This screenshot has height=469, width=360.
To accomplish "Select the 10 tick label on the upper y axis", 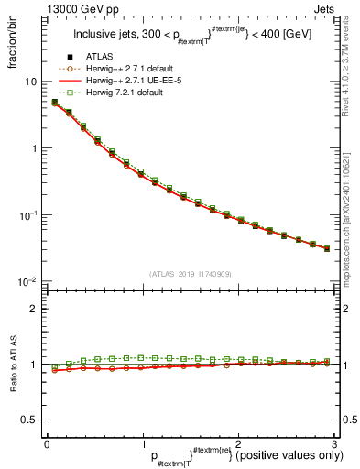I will click(29, 82).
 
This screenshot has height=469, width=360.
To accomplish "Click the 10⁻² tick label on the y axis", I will click(27, 281).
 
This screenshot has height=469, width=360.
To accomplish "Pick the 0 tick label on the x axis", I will click(47, 443).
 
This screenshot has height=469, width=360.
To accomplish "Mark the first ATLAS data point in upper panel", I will click(54, 103).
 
